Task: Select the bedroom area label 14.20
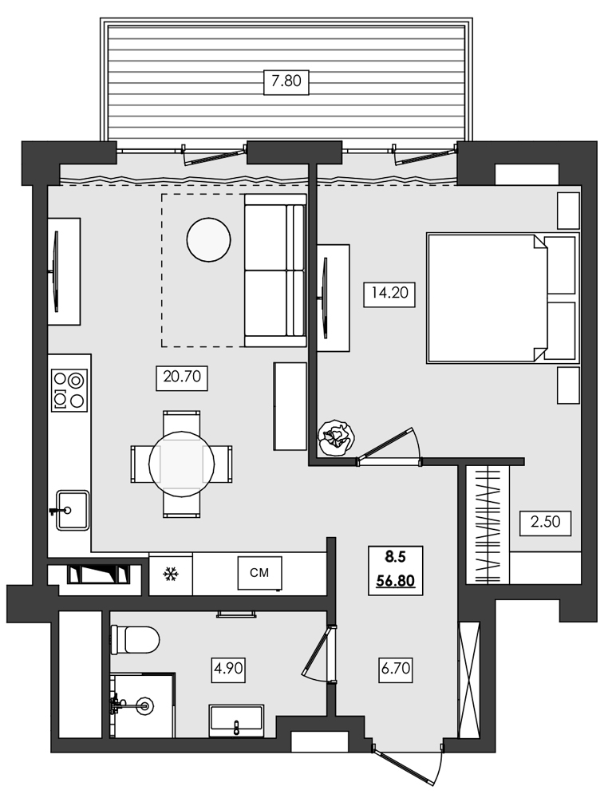(x=389, y=293)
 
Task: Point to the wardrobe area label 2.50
(x=547, y=523)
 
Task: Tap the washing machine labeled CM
(x=259, y=571)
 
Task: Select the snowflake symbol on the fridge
(x=170, y=574)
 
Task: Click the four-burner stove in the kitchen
(x=69, y=390)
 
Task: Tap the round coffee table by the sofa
(x=208, y=240)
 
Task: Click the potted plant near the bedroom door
(x=336, y=438)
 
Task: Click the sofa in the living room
(x=274, y=271)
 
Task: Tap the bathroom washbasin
(x=236, y=720)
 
